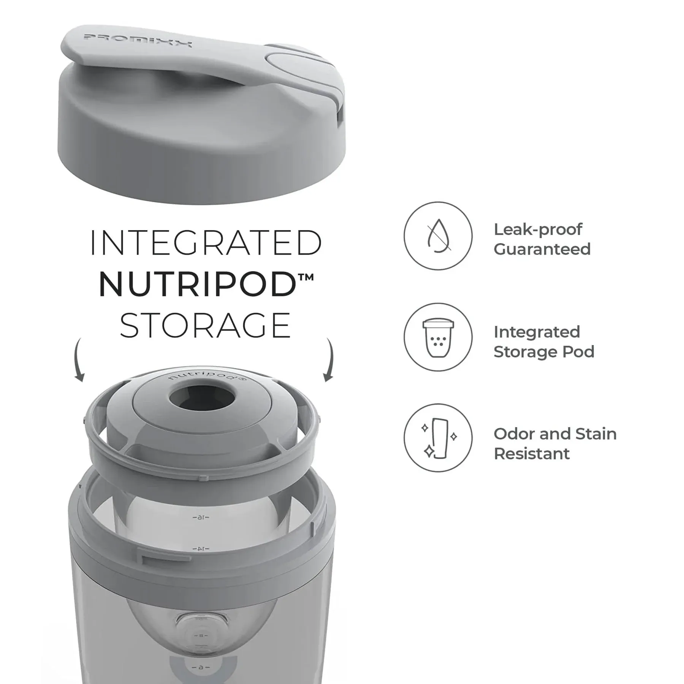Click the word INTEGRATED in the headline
(206, 243)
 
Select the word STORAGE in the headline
(206, 326)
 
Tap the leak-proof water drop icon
(438, 236)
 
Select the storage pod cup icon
(438, 337)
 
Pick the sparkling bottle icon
(438, 438)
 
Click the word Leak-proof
(538, 230)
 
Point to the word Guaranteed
(542, 249)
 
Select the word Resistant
(532, 454)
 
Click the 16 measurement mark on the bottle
(201, 517)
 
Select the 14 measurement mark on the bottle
(201, 549)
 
